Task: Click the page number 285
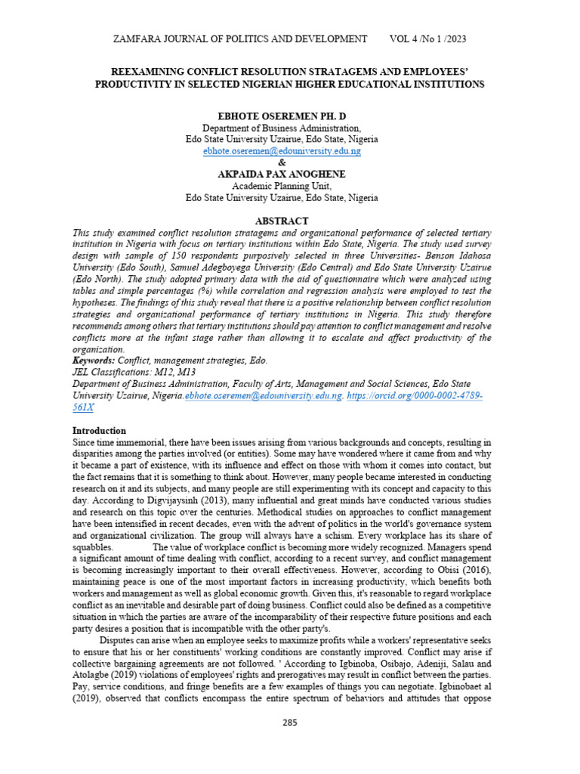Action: pyautogui.click(x=290, y=722)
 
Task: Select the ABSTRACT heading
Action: pyautogui.click(x=282, y=221)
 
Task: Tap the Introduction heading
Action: pyautogui.click(x=104, y=430)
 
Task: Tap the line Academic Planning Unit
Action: pyautogui.click(x=282, y=186)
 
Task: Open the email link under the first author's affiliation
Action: pyautogui.click(x=282, y=151)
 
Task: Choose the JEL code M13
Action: pyautogui.click(x=185, y=373)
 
